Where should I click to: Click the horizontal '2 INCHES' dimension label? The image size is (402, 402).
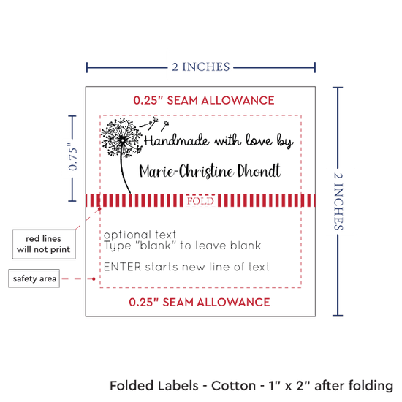click(x=201, y=67)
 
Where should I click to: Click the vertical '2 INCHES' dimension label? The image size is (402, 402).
click(x=338, y=201)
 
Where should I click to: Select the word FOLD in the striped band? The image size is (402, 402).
click(x=200, y=201)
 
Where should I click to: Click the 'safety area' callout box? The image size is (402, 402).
click(x=34, y=278)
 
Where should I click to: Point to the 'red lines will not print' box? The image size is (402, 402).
click(x=44, y=244)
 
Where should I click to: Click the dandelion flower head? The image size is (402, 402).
click(x=121, y=137)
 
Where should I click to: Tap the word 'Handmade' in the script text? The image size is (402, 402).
click(x=177, y=140)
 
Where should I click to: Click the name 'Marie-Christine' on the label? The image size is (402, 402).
click(x=186, y=171)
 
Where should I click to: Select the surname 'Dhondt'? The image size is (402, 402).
click(x=259, y=170)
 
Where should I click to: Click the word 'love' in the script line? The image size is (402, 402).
click(x=259, y=140)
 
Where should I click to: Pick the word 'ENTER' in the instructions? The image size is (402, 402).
click(x=123, y=267)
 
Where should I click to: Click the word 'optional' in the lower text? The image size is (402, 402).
click(x=126, y=235)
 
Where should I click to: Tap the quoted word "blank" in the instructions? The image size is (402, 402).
click(x=155, y=246)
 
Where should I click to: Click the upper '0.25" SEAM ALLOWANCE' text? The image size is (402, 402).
click(x=204, y=100)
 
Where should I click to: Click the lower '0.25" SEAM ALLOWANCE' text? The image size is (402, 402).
click(x=200, y=303)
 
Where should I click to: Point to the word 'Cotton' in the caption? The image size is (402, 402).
click(x=233, y=386)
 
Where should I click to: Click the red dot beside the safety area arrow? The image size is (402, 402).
click(x=94, y=278)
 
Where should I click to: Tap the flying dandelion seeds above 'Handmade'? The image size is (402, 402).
click(x=154, y=124)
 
